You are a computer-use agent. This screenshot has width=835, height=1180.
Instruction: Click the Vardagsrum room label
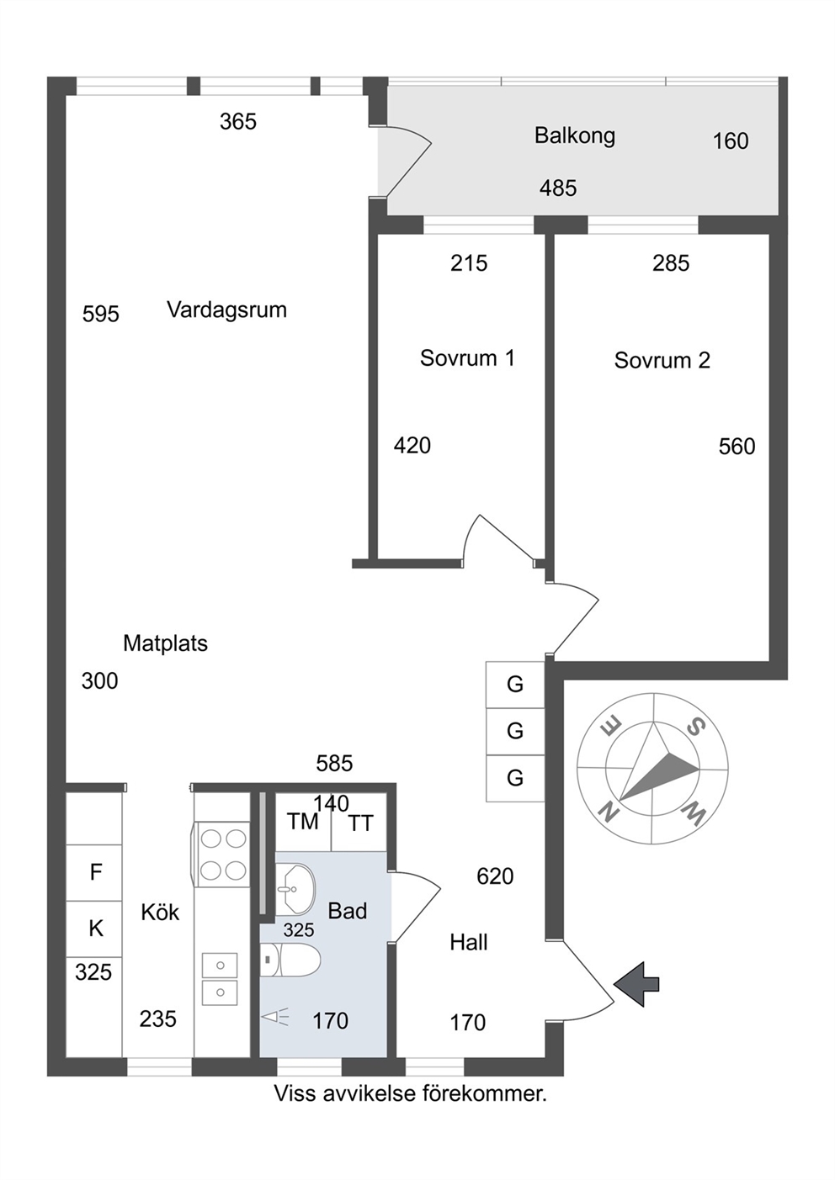tap(226, 310)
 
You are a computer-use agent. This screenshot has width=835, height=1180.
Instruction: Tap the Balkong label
tap(575, 136)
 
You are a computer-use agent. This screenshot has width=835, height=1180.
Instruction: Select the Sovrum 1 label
tap(467, 358)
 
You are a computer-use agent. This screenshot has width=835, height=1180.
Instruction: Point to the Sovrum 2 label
tap(662, 360)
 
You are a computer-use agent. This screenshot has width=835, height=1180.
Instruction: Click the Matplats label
tap(166, 643)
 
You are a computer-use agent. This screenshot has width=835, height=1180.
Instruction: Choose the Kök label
tap(160, 927)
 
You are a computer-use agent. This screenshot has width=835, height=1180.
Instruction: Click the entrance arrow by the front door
tap(637, 983)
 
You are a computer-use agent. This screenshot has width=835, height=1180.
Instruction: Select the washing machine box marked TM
tap(303, 822)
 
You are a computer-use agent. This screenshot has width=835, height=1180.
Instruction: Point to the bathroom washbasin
tap(295, 890)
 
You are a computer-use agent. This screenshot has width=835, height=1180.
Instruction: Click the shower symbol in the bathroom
tap(276, 1016)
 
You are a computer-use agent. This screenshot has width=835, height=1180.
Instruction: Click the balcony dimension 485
tap(558, 188)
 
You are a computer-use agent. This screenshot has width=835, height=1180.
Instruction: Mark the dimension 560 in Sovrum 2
tap(737, 447)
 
